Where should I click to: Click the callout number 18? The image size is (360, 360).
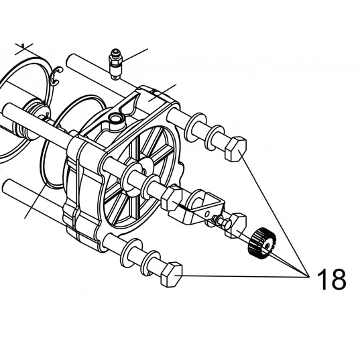click(331, 279)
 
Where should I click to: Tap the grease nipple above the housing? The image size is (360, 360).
click(115, 64)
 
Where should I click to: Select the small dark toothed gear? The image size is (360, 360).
click(262, 243)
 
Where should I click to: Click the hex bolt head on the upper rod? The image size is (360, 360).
click(236, 149)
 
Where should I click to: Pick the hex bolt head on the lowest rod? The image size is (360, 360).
click(172, 274)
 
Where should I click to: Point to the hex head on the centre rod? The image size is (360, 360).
click(172, 198)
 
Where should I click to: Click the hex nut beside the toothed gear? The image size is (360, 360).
click(236, 225)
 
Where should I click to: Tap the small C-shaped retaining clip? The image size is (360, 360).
click(56, 76)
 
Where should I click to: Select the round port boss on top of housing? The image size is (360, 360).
click(117, 120)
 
